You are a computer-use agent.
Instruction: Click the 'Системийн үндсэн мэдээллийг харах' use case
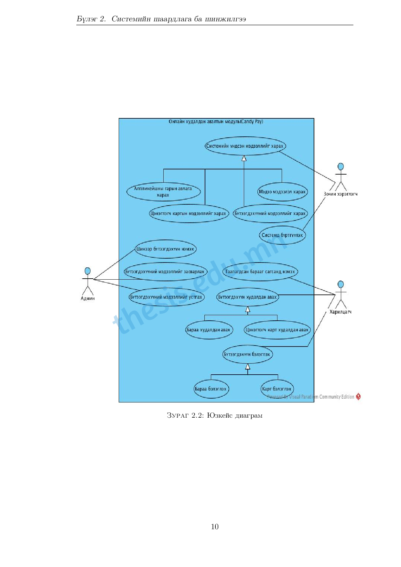245,146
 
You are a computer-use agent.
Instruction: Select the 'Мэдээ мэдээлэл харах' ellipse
282,192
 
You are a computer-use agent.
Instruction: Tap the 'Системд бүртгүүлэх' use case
282,235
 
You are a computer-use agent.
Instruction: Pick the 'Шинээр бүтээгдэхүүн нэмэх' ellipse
165,249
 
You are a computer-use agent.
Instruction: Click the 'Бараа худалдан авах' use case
209,330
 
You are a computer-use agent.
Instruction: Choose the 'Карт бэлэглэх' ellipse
277,389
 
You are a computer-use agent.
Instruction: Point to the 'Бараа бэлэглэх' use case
211,389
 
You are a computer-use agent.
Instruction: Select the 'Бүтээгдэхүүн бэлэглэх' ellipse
247,354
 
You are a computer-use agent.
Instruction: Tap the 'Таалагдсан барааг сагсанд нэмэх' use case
260,272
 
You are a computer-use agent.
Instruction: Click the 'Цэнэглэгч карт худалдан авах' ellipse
277,330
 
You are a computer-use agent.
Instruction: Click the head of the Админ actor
87,271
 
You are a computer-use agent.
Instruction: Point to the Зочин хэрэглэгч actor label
341,194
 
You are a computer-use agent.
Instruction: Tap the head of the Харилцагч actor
341,284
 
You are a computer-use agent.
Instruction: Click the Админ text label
88,298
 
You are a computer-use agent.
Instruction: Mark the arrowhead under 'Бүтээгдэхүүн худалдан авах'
248,309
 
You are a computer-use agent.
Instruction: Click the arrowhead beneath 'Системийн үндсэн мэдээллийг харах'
244,158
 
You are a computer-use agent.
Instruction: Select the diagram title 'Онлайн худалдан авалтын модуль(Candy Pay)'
216,122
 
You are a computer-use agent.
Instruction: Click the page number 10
215,527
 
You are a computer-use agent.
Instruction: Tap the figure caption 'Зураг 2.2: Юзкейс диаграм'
214,415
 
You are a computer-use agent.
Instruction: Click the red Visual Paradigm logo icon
358,396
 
